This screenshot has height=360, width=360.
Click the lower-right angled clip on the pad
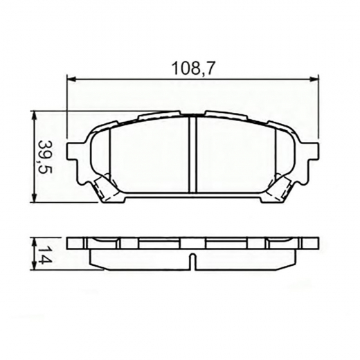[281, 188]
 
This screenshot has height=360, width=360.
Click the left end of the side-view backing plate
[73, 244]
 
